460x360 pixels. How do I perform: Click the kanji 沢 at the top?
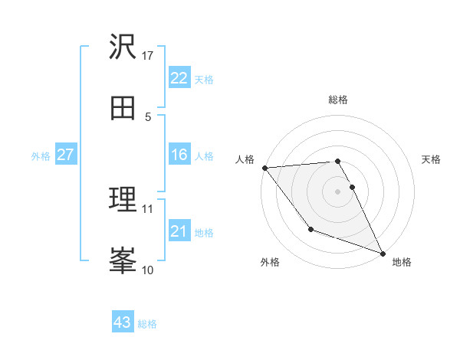point(123,47)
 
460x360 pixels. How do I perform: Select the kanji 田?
point(123,108)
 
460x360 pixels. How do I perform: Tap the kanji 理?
point(123,199)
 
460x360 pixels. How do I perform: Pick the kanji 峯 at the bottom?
point(123,260)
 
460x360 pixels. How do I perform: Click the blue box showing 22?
point(179,78)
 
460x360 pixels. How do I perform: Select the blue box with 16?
point(179,155)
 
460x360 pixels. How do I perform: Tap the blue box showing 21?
point(179,231)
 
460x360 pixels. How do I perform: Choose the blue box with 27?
point(65,155)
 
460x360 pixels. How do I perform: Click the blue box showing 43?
point(123,322)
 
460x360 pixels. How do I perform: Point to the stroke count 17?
point(148,55)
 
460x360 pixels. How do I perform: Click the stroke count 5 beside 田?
point(148,116)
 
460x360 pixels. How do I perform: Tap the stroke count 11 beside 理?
point(148,208)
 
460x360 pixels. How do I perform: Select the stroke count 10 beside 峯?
point(148,270)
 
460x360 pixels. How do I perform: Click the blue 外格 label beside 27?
point(41,156)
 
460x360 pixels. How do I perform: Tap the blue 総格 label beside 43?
point(147,324)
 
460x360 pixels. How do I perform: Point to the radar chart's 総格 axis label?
point(338,100)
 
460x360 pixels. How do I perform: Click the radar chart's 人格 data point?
point(264,168)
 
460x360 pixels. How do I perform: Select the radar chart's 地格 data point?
point(383,253)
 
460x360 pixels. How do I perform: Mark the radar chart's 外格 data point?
point(310,229)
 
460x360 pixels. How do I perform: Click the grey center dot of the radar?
point(338,191)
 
